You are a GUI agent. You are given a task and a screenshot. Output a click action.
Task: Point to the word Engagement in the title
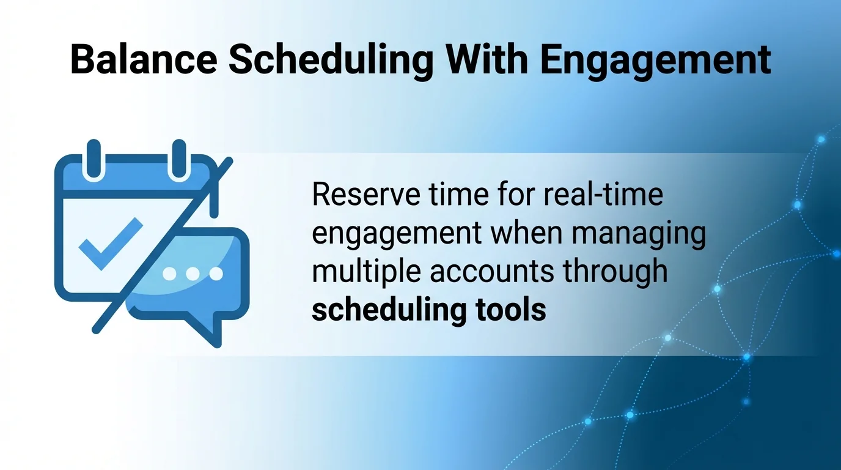click(655, 61)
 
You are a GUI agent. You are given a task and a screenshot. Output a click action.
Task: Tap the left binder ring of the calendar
click(94, 160)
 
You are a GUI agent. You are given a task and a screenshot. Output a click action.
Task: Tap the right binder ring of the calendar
click(178, 160)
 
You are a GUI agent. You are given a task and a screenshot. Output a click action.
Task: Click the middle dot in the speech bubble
click(192, 274)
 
